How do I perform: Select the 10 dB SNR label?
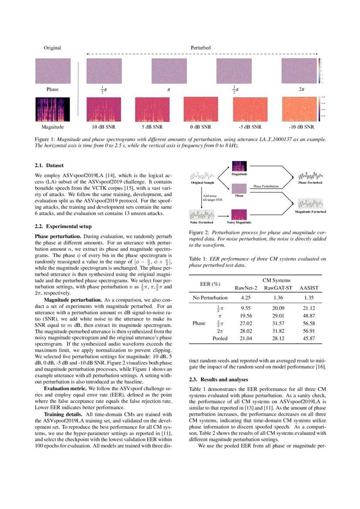tap(104, 127)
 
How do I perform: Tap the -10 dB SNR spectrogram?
tap(299, 109)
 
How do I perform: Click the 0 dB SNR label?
tap(201, 127)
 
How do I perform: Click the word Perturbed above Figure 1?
tap(201, 47)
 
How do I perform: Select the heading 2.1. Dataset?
tap(49, 165)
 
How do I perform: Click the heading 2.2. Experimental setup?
tap(63, 226)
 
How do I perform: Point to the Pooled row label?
tap(220, 338)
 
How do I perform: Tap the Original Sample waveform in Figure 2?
tap(202, 176)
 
